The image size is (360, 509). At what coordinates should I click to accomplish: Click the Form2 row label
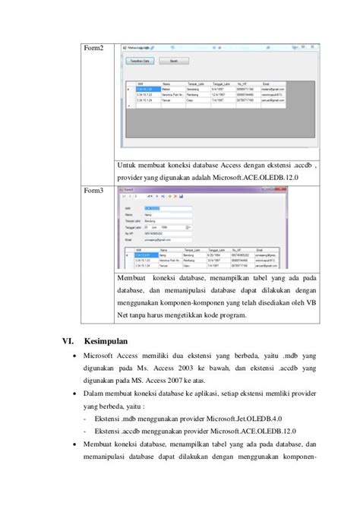[93, 49]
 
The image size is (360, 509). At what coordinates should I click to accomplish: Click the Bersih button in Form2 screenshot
[174, 60]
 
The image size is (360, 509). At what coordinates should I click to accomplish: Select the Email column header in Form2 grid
[267, 84]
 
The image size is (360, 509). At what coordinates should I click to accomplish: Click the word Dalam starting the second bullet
[96, 394]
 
